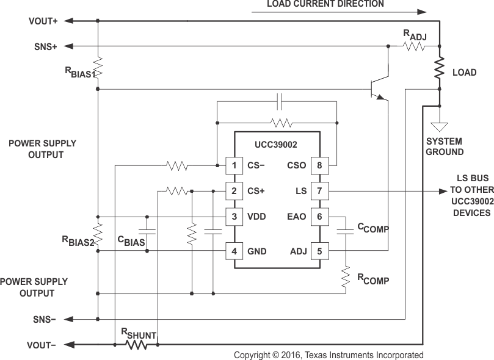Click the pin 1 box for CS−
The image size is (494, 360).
click(234, 165)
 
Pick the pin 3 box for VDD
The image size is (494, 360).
click(234, 217)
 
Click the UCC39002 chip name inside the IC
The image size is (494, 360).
click(277, 146)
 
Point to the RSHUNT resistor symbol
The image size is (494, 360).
click(136, 345)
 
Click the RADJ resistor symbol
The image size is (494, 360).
click(413, 46)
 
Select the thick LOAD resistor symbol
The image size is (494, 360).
click(439, 68)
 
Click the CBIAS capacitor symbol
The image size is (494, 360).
click(147, 232)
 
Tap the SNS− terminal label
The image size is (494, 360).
click(45, 319)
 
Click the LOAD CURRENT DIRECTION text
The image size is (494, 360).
click(325, 4)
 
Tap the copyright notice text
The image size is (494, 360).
click(329, 355)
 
